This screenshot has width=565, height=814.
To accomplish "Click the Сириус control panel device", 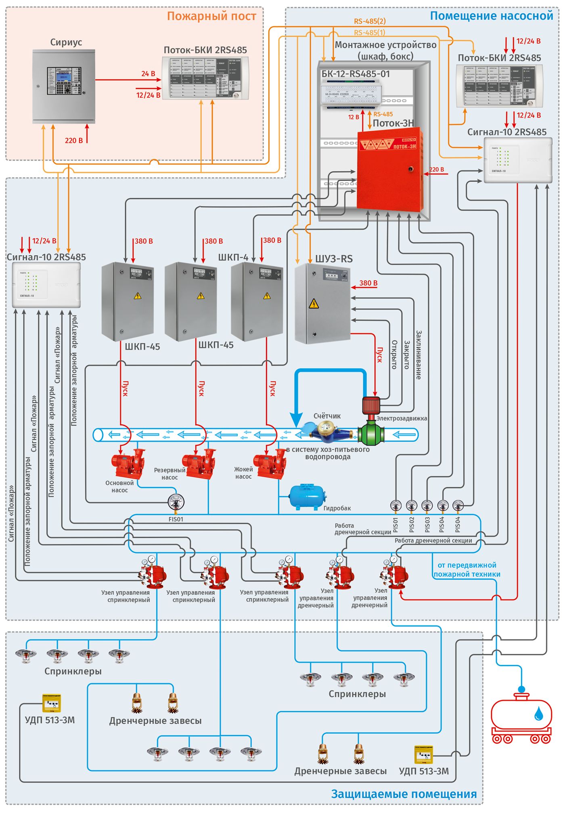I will [64, 86].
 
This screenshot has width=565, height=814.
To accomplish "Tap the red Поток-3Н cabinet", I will [389, 170].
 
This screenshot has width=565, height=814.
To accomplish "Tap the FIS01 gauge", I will [176, 502].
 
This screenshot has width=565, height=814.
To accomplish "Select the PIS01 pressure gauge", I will [395, 506].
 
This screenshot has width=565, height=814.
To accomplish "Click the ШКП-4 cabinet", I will [257, 301].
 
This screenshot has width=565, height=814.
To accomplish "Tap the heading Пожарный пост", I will [211, 16].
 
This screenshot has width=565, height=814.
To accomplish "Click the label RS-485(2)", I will [370, 21].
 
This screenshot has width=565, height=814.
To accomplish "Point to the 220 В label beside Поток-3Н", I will [436, 170].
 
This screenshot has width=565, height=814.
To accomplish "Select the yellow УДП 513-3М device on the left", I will [52, 703].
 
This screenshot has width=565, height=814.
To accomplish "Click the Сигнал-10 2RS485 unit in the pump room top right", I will [518, 160].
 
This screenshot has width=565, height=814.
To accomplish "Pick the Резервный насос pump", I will [199, 464].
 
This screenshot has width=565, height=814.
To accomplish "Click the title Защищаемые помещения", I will [404, 794].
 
